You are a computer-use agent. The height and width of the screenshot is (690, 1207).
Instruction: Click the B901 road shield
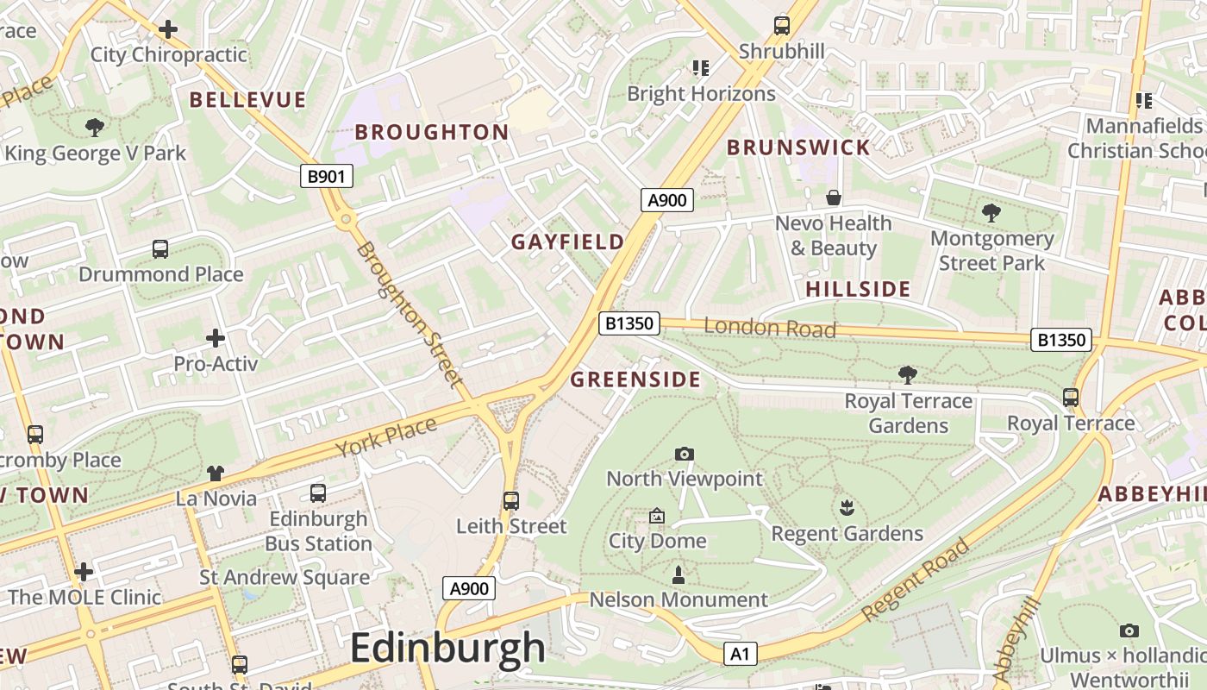(327, 177)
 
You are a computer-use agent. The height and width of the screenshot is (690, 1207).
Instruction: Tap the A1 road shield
(740, 654)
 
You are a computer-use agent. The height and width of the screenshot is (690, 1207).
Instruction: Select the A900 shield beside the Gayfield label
(667, 201)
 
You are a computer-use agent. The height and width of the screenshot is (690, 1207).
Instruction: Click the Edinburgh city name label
(447, 648)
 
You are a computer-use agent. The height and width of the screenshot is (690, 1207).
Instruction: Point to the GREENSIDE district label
(635, 379)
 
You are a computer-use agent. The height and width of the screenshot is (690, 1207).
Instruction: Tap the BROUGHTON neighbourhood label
(432, 132)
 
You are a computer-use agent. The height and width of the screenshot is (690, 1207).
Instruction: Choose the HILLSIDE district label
(858, 289)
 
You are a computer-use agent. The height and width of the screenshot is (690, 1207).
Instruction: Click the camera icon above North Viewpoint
(685, 454)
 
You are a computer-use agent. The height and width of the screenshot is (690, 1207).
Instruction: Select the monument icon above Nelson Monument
(679, 574)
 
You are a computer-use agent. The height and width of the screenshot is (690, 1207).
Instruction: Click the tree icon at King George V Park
(95, 128)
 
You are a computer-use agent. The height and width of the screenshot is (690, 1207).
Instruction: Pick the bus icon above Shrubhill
(782, 26)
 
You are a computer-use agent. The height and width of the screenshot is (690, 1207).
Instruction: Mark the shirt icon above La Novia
(216, 473)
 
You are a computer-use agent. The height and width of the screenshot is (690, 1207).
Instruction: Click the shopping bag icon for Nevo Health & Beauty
(833, 198)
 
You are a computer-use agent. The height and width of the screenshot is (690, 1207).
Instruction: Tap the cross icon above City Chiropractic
(168, 29)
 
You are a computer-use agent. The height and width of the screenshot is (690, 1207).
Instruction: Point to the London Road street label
(770, 328)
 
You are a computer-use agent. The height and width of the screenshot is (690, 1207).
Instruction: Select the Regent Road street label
(915, 580)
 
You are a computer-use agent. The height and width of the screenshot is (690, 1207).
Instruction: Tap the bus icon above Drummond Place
(160, 249)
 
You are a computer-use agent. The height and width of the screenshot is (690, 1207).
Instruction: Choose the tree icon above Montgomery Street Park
(991, 212)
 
